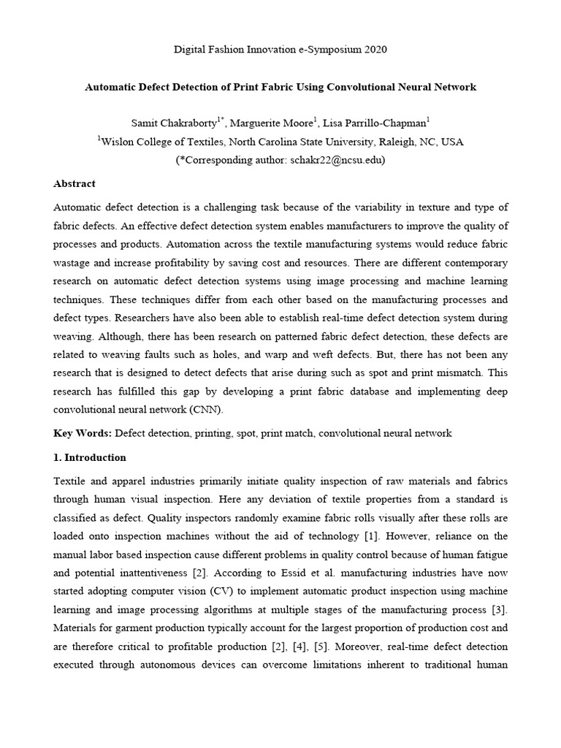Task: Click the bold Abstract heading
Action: (x=75, y=183)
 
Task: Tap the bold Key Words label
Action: (x=83, y=433)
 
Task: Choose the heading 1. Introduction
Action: (x=90, y=457)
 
